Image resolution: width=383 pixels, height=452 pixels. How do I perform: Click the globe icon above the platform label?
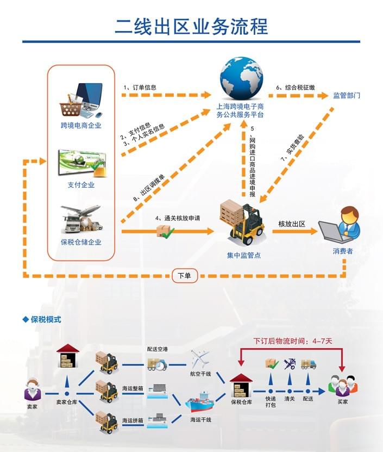point(241,77)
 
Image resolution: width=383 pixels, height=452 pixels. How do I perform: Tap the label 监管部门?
point(347,95)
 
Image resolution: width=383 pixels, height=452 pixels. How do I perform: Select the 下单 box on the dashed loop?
point(185,276)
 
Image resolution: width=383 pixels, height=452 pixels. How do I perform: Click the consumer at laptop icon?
point(340,225)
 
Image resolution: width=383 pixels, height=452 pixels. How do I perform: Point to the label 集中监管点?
point(243,255)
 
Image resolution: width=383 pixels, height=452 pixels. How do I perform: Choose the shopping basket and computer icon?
point(81,100)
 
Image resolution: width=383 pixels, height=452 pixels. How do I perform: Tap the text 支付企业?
point(81,185)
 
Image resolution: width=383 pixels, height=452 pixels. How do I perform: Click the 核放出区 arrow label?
point(292,224)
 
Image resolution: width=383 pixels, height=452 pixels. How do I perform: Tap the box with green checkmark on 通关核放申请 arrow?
point(165,231)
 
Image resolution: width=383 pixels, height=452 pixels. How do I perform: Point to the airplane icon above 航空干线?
point(200,358)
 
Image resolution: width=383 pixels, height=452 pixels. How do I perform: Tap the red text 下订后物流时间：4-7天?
point(297,342)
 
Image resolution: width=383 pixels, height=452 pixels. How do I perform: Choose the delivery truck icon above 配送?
point(309,364)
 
